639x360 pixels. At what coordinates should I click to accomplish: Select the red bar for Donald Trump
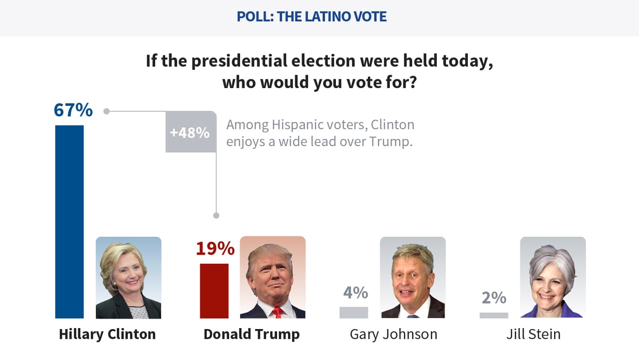tap(214, 291)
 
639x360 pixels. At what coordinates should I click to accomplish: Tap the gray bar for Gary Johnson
tap(353, 312)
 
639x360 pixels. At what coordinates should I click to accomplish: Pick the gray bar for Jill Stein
tap(494, 315)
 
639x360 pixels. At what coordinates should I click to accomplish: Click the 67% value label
tap(73, 110)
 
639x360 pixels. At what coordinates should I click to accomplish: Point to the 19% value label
tap(215, 248)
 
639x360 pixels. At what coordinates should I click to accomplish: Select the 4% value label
tap(355, 292)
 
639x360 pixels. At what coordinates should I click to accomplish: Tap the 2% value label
tap(494, 298)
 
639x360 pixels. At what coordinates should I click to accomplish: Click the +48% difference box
tap(190, 132)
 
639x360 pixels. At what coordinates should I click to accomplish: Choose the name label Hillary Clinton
tap(107, 334)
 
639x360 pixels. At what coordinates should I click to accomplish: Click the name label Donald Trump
tap(252, 334)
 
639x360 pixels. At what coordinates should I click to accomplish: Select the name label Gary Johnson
tap(393, 334)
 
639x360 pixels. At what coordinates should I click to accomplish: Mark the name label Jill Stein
tap(533, 334)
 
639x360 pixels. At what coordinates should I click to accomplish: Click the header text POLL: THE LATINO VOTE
tap(312, 16)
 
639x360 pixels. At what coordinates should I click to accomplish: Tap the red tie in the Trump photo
tap(277, 313)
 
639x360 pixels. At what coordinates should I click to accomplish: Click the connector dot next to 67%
tap(106, 111)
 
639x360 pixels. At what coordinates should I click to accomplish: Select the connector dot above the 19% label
tap(216, 216)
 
